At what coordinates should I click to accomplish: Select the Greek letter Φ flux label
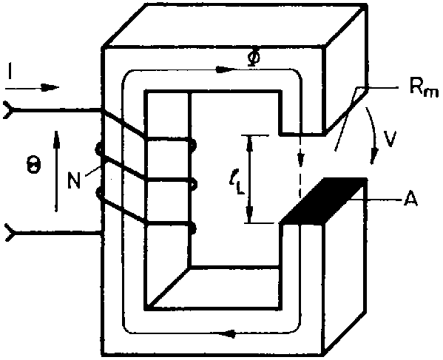click(x=254, y=58)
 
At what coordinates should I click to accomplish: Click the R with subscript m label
click(x=424, y=89)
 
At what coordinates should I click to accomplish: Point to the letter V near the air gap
click(x=390, y=138)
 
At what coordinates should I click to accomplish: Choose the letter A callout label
click(x=410, y=200)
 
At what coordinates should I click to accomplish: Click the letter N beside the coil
click(x=74, y=180)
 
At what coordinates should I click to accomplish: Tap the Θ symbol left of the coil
click(x=33, y=166)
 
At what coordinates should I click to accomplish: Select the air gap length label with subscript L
click(x=237, y=184)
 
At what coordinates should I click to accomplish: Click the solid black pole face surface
click(x=325, y=201)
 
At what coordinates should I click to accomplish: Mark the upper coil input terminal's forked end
click(x=8, y=110)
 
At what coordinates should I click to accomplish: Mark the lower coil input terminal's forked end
click(x=10, y=233)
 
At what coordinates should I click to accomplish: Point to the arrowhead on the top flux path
click(x=225, y=69)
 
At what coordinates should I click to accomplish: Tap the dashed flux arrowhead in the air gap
click(x=301, y=160)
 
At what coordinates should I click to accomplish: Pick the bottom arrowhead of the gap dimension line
click(x=249, y=215)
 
